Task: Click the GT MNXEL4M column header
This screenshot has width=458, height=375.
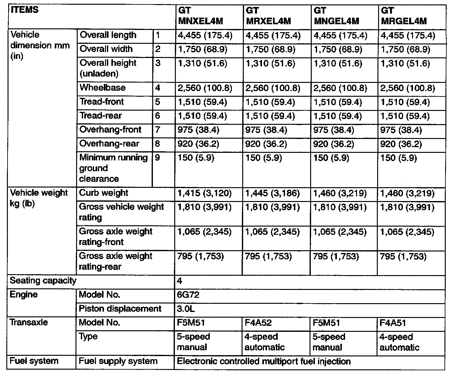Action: [200, 16]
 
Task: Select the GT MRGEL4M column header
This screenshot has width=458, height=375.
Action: [404, 16]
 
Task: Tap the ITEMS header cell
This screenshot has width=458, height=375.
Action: [25, 10]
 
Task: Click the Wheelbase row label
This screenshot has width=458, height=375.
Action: [103, 87]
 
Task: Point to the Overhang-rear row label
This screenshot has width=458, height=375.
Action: [109, 144]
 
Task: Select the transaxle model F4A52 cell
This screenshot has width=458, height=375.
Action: [258, 323]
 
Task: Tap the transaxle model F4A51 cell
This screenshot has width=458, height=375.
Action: [393, 323]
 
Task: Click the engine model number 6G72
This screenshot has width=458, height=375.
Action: [188, 295]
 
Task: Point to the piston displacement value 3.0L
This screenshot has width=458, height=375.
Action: [186, 309]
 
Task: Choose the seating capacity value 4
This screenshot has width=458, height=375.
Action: [180, 281]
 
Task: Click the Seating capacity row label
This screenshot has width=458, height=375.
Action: [43, 280]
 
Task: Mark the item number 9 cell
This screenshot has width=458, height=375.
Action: [158, 158]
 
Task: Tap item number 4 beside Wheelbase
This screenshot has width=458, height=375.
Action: [158, 88]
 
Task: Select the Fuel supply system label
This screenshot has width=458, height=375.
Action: [118, 361]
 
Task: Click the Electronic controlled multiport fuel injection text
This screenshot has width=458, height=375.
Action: [264, 361]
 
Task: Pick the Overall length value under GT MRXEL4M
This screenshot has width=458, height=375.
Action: [273, 35]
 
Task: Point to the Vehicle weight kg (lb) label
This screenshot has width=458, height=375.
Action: [39, 198]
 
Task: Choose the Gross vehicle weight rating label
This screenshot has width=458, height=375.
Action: [121, 212]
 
